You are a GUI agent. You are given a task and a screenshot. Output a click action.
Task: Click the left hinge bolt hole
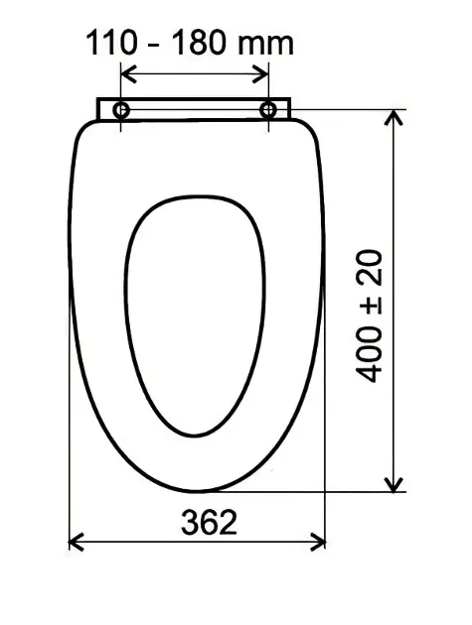(121, 109)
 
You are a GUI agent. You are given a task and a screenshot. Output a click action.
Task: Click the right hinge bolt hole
(268, 109)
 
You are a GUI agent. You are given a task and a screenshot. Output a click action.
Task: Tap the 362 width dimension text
(210, 522)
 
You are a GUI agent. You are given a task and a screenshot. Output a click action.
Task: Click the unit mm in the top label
(266, 43)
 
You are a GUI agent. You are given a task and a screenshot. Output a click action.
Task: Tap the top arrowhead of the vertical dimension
(395, 115)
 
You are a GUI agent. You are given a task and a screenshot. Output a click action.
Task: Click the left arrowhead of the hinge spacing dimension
(126, 73)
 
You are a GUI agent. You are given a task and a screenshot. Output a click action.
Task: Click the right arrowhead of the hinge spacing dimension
(263, 73)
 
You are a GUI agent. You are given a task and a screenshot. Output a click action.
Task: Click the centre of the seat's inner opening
(196, 312)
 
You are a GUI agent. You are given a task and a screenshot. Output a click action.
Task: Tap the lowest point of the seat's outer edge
(199, 491)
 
